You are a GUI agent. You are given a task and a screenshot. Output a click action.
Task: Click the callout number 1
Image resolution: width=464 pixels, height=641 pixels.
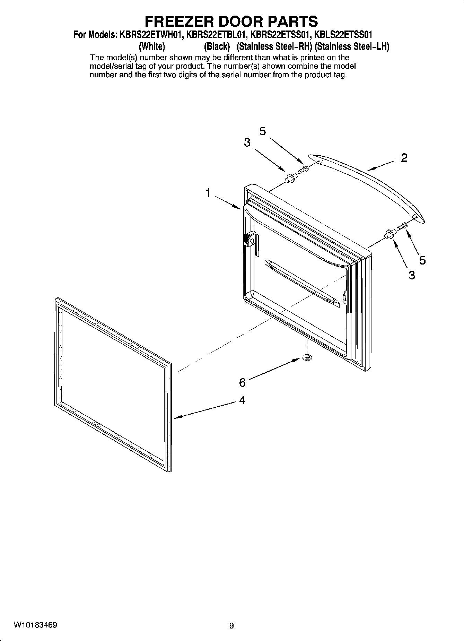208,193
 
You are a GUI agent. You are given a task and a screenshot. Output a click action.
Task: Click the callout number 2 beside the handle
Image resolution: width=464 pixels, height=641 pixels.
404,158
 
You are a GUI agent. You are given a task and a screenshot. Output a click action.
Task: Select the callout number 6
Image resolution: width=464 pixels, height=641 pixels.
242,382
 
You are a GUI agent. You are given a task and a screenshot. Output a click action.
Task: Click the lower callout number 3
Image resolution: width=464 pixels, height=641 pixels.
412,275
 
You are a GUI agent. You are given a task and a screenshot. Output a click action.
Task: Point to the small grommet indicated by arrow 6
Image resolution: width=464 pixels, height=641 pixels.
306,357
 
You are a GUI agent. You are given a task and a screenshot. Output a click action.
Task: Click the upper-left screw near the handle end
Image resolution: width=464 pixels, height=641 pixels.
303,169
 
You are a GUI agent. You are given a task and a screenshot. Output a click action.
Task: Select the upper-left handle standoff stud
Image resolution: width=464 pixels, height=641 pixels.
290,178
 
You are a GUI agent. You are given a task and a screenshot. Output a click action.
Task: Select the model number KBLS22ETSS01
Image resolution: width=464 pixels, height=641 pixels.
343,35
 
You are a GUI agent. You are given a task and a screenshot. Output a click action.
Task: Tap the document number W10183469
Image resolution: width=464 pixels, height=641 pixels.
35,625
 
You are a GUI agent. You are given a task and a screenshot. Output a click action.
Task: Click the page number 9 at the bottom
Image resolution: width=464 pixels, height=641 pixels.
231,626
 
